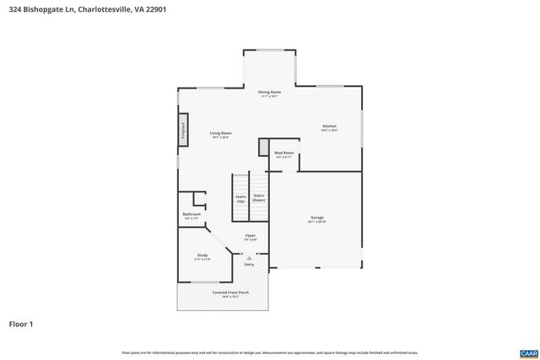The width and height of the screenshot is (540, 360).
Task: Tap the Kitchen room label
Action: pyautogui.click(x=329, y=127)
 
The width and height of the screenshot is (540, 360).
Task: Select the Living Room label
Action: pyautogui.click(x=221, y=133)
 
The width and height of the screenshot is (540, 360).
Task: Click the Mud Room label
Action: pyautogui.click(x=283, y=153)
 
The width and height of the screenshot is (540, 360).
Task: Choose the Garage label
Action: pyautogui.click(x=316, y=218)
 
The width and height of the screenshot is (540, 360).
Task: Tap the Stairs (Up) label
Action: pyautogui.click(x=240, y=198)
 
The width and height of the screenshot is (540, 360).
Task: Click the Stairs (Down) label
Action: pyautogui.click(x=258, y=198)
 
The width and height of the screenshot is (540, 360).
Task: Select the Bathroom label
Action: pyautogui.click(x=192, y=214)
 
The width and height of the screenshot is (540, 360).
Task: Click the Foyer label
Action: pyautogui.click(x=250, y=235)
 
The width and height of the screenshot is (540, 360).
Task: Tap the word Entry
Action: pyautogui.click(x=249, y=265)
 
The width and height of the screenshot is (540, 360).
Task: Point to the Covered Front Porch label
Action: pyautogui.click(x=224, y=293)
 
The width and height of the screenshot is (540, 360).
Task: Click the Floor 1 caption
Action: pyautogui.click(x=21, y=324)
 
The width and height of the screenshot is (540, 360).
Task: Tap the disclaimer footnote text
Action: pyautogui.click(x=269, y=352)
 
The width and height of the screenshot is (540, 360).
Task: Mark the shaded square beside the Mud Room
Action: pyautogui.click(x=264, y=147)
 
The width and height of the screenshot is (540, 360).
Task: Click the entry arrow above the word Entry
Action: pyautogui.click(x=249, y=257)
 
